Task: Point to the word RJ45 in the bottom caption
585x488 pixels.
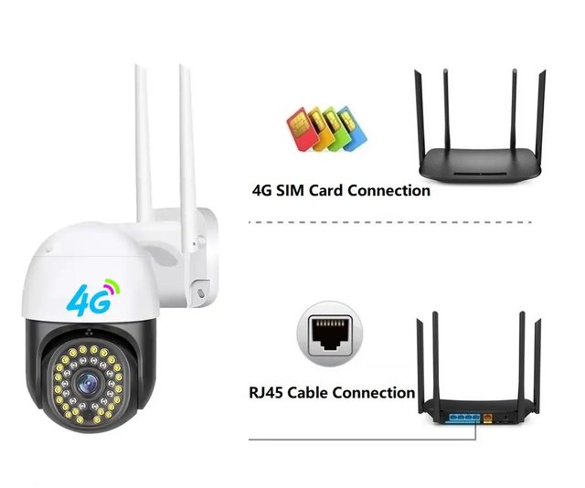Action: click(x=269, y=393)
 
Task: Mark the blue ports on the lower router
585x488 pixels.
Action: click(x=464, y=416)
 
